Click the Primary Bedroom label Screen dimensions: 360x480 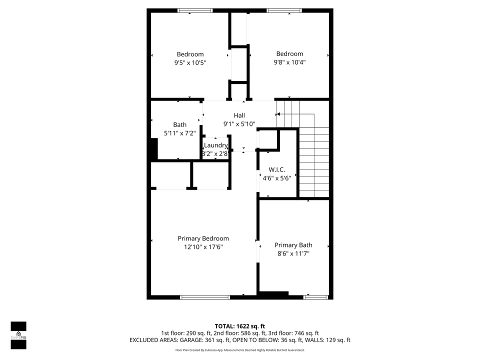coord(203,238)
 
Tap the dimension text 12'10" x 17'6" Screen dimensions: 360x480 coord(203,247)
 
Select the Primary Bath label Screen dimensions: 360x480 coord(293,245)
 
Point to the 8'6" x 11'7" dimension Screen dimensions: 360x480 coord(293,253)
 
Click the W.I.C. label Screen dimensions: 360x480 coord(276,169)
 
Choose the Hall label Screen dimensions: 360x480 coord(239,115)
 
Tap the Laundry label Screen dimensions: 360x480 coord(215,145)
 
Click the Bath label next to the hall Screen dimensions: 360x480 coord(179,125)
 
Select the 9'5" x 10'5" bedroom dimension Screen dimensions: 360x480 coord(190,63)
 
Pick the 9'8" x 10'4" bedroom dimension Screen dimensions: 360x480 coord(289,62)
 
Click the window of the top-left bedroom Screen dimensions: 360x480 coord(195,10)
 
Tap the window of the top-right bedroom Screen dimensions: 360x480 coord(284,10)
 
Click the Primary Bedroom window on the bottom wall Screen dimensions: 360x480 coord(205,297)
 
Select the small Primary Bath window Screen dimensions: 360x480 coord(315,297)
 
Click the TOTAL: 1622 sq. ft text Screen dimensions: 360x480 coord(239,325)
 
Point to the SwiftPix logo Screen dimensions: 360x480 coord(18,335)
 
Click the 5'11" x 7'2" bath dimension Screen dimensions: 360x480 coord(179,133)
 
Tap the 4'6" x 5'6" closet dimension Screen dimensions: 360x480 coord(276,178)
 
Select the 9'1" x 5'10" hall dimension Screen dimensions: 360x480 coord(239,124)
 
